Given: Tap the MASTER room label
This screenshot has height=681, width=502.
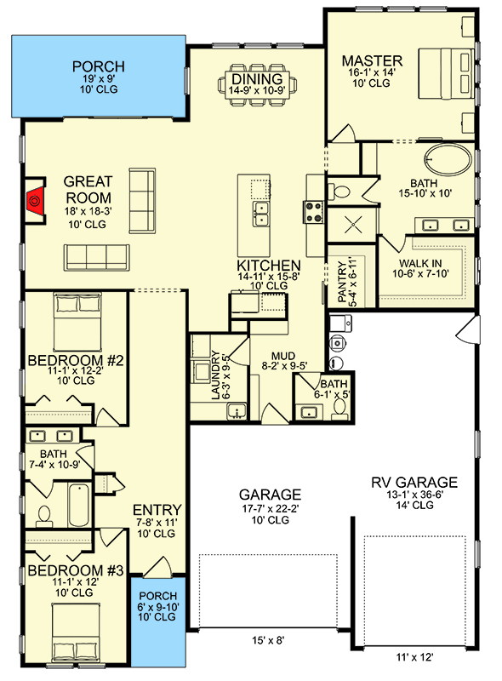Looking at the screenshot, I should pyautogui.click(x=371, y=61).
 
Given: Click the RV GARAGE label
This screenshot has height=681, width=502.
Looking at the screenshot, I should pyautogui.click(x=414, y=483).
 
